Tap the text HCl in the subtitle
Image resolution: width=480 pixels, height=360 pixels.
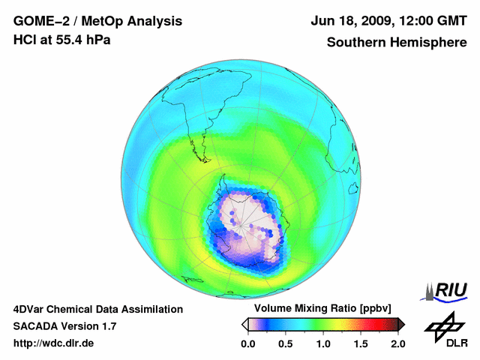(x=26, y=40)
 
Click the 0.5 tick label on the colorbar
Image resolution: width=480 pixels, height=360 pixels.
(x=286, y=343)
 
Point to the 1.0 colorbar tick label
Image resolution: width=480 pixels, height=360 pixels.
(x=323, y=343)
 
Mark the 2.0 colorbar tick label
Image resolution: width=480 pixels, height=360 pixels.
(x=397, y=343)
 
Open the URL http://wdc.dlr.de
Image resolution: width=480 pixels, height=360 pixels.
(x=55, y=343)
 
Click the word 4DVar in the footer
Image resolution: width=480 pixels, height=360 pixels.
(x=31, y=309)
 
